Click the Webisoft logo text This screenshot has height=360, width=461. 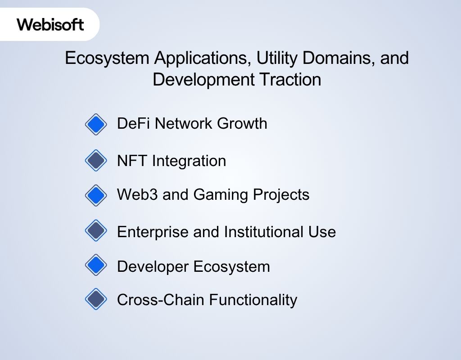50,24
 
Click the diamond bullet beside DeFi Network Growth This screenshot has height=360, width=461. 96,124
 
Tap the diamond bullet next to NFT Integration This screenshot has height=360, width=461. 96,161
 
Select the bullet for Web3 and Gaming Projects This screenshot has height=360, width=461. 96,195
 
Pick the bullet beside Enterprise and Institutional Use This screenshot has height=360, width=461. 96,231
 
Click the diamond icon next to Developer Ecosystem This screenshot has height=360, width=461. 96,265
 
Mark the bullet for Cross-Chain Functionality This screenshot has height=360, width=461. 96,299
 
